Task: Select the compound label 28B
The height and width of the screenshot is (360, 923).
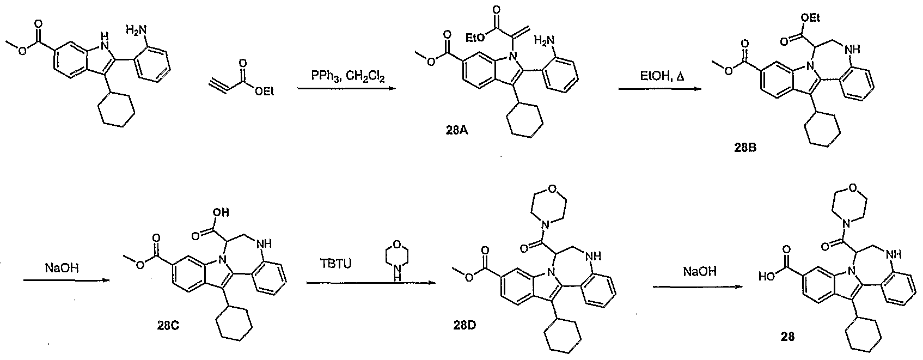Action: tap(745, 148)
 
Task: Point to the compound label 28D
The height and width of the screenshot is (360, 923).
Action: tap(464, 325)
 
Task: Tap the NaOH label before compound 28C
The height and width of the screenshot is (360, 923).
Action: tap(62, 269)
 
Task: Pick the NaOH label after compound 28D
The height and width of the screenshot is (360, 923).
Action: tap(700, 271)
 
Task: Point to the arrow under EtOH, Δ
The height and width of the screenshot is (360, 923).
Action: tap(659, 89)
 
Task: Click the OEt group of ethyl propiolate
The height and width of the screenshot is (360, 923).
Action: tap(264, 92)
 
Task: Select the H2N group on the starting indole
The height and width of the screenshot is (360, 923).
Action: tap(135, 30)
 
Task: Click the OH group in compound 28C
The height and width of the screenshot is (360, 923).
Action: tap(221, 212)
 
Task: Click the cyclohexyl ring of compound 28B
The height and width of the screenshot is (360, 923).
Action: tap(823, 129)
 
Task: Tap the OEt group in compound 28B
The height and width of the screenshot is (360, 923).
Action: tap(810, 18)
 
